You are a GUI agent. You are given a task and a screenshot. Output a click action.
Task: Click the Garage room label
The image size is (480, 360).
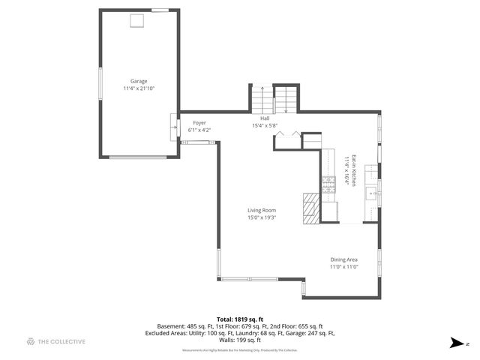tap(139, 81)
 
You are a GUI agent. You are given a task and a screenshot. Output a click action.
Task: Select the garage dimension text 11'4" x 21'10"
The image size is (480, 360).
tap(139, 88)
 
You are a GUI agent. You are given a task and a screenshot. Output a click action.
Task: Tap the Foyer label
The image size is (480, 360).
tap(199, 123)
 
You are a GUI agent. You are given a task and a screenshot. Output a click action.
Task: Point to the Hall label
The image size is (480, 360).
tap(265, 118)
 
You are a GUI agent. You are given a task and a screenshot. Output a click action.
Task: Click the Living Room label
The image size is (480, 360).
tap(262, 210)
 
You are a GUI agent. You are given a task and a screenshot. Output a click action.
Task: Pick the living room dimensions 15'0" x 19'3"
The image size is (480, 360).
tap(262, 217)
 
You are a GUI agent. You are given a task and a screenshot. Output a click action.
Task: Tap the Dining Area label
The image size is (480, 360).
tap(343, 259)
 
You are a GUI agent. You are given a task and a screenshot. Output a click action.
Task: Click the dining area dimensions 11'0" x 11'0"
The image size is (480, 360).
tap(343, 267)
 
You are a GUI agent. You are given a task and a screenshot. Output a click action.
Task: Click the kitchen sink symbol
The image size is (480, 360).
tap(370, 194)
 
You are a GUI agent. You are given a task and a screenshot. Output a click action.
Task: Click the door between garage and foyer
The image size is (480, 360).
tap(174, 122)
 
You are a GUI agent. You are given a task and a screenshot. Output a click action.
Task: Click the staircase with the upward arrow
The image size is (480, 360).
tap(260, 100)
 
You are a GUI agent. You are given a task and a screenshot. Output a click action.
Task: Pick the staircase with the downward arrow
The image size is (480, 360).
tap(286, 100)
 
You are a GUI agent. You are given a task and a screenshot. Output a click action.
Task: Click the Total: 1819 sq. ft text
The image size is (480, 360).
tap(239, 319)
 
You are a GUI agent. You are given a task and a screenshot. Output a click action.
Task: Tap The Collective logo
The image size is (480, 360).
tap(56, 342)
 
